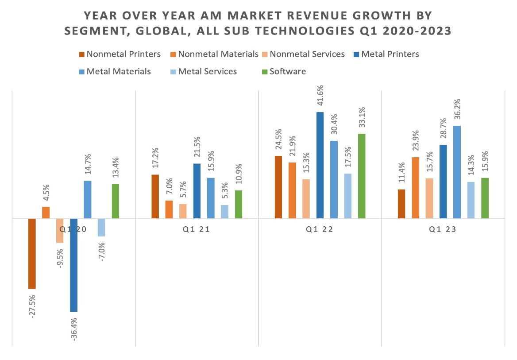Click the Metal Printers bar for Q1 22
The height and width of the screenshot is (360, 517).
click(x=320, y=165)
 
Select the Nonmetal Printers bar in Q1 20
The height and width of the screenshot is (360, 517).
click(x=32, y=253)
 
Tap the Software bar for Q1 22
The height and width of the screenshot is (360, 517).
click(x=361, y=176)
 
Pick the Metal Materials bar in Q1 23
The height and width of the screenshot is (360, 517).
click(x=457, y=172)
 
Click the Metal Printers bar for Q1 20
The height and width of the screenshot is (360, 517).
click(x=73, y=265)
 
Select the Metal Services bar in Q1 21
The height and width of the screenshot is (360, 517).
click(x=224, y=211)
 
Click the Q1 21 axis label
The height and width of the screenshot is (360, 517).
click(x=197, y=230)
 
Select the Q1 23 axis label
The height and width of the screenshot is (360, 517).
click(x=443, y=230)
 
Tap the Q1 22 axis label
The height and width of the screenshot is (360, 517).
click(x=320, y=230)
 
